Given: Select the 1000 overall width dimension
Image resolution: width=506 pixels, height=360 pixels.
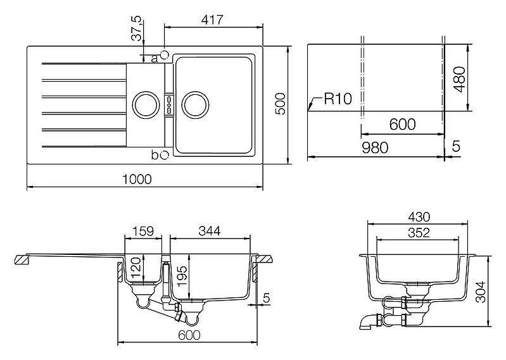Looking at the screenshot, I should pyautogui.click(x=138, y=180).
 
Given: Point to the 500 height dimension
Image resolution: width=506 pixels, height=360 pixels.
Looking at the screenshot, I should pyautogui.click(x=281, y=103).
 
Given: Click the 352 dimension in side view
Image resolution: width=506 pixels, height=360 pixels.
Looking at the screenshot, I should pyautogui.click(x=418, y=233).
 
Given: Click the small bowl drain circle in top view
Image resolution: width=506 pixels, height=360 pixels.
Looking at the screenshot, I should pyautogui.click(x=145, y=102).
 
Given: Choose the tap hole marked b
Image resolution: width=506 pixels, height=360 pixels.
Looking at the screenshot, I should pyautogui.click(x=165, y=153).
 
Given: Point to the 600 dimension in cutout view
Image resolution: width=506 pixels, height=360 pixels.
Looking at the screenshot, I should pyautogui.click(x=402, y=125).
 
